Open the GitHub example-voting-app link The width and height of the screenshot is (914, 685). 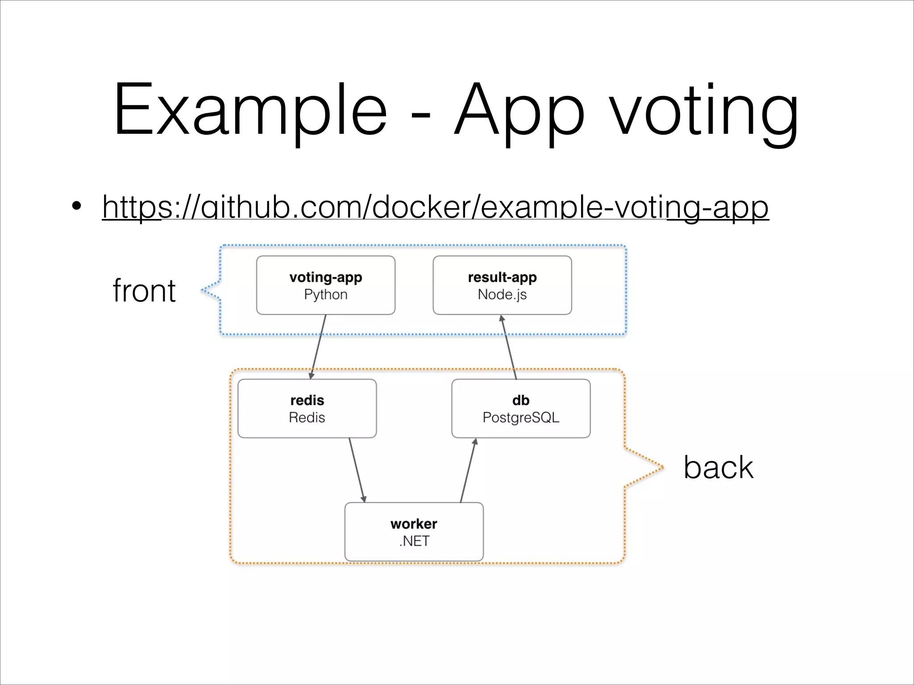tap(435, 207)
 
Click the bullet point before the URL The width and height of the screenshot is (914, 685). tap(77, 206)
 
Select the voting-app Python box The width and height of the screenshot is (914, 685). tap(325, 285)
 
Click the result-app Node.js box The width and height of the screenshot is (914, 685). tap(502, 285)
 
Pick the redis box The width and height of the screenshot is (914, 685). tap(307, 408)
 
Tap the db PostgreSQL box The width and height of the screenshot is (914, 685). tap(521, 408)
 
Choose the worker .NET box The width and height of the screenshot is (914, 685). tap(414, 532)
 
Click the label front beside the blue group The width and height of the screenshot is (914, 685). tap(144, 291)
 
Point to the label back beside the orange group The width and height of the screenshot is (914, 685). tap(718, 467)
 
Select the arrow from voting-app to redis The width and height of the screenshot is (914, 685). tap(318, 347)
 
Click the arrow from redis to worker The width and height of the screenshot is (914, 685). tap(357, 470)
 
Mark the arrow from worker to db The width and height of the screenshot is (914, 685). tap(468, 470)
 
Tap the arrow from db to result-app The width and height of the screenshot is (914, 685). tap(509, 347)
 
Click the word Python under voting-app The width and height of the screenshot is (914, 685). tap(325, 294)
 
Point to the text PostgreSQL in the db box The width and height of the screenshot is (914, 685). tap(521, 417)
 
